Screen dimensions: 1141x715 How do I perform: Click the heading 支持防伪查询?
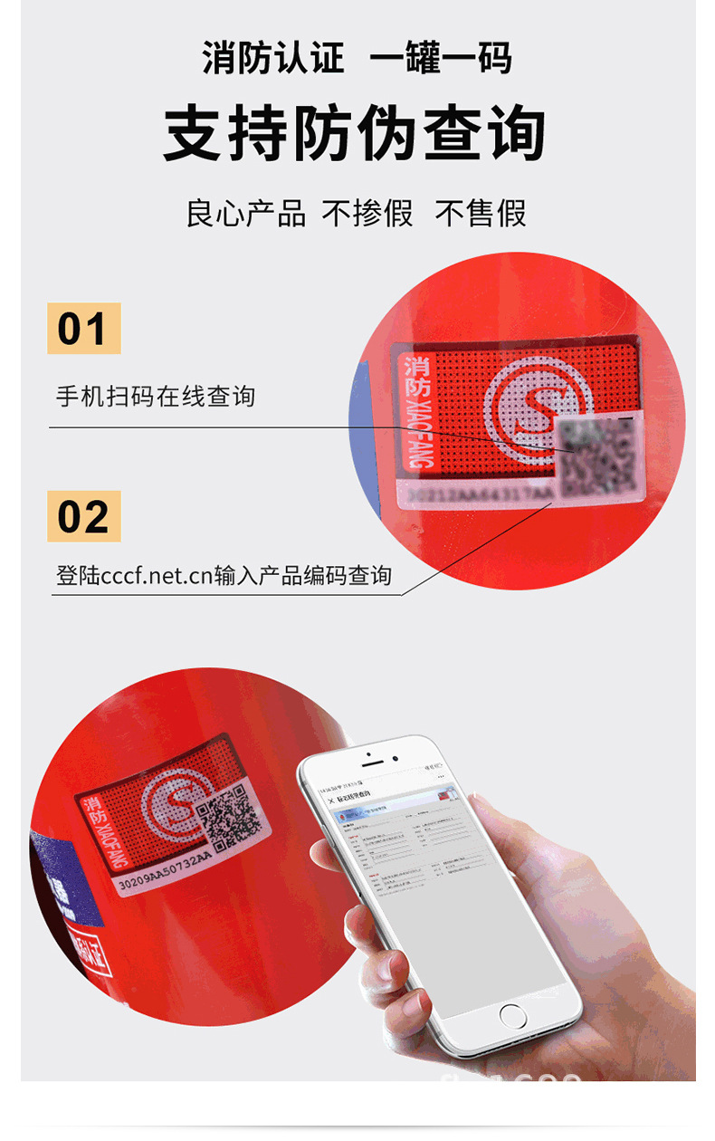[x=355, y=134]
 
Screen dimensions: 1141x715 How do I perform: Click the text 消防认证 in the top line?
[x=273, y=58]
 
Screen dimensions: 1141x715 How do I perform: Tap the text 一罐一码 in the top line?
[x=441, y=58]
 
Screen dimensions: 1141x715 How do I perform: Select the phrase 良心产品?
[x=245, y=214]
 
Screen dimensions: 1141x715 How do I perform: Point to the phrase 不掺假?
[x=367, y=214]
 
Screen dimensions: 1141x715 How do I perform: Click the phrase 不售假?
[x=481, y=214]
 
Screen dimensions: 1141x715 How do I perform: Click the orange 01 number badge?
[x=83, y=328]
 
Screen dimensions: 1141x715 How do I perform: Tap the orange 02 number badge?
[x=83, y=516]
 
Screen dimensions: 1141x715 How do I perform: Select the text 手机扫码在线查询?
[x=156, y=396]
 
